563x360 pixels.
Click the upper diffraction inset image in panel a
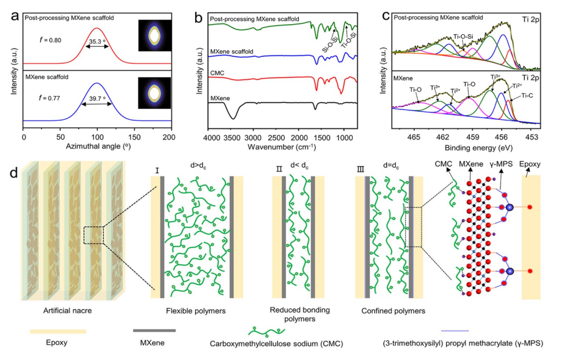point(153,36)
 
